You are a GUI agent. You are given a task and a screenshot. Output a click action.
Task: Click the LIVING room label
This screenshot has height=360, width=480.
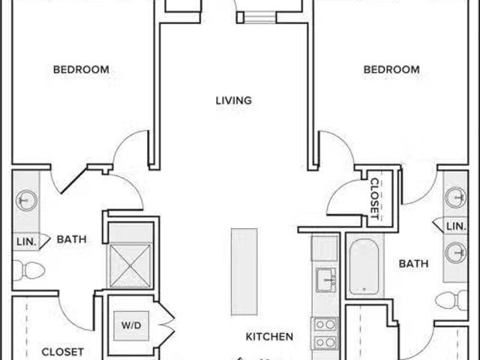tap(234, 100)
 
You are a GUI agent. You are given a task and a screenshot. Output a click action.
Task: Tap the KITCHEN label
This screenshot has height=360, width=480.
tap(269, 337)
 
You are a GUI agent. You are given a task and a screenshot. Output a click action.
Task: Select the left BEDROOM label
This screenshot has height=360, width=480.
tap(81, 70)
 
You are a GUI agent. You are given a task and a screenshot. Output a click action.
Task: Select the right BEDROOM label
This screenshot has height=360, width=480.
tap(391, 70)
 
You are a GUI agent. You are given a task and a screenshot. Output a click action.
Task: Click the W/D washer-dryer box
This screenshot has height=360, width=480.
tap(131, 325)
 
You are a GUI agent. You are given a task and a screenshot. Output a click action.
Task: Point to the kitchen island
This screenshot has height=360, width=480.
tap(244, 271)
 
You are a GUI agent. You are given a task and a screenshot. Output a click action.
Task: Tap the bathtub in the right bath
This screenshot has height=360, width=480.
tap(364, 266)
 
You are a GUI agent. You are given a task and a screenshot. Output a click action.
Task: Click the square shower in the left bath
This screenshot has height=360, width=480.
tap(130, 265)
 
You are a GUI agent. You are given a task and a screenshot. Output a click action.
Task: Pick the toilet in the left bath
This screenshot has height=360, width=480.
tap(29, 270)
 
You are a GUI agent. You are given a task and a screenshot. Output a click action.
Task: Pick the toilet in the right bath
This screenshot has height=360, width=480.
tap(451, 300)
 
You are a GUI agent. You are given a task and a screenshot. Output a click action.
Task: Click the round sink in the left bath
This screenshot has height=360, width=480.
tap(27, 201)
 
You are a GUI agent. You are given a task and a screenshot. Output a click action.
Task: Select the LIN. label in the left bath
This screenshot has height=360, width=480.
tap(26, 241)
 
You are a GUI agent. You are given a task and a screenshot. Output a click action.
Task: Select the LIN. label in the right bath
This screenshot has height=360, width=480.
tap(456, 226)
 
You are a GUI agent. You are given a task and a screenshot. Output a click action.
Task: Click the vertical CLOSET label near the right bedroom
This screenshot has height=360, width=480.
tap(375, 199)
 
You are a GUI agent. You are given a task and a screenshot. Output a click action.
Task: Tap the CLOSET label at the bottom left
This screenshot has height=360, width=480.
tap(63, 352)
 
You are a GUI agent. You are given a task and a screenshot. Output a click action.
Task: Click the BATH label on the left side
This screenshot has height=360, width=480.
tap(72, 239)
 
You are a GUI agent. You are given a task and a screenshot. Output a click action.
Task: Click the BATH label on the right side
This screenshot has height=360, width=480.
tap(413, 263)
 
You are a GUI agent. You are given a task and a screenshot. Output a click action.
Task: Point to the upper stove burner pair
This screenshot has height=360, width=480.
tap(325, 325)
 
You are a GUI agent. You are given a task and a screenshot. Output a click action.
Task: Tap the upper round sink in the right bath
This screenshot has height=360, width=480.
tap(456, 197)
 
